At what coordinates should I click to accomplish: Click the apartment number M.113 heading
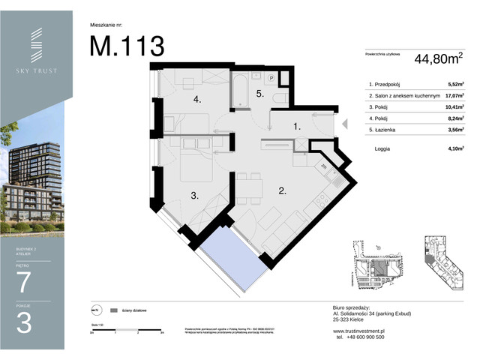[x=127, y=46]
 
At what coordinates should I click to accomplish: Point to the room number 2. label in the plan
[x=283, y=190]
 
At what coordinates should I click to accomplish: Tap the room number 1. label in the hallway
[x=296, y=127]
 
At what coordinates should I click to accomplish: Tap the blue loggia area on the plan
[x=230, y=251]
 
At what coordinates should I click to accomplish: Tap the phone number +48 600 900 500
[x=360, y=337]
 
